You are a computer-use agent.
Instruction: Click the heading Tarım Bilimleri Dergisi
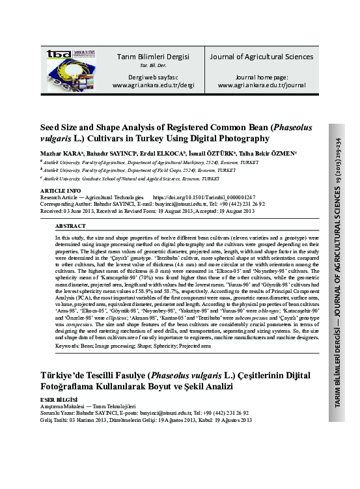[154, 57]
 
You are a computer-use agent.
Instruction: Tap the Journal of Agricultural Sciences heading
[261, 57]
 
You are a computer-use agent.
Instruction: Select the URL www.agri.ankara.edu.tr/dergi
[154, 85]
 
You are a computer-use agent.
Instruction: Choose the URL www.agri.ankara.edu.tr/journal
[261, 85]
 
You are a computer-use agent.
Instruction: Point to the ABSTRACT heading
[71, 225]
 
